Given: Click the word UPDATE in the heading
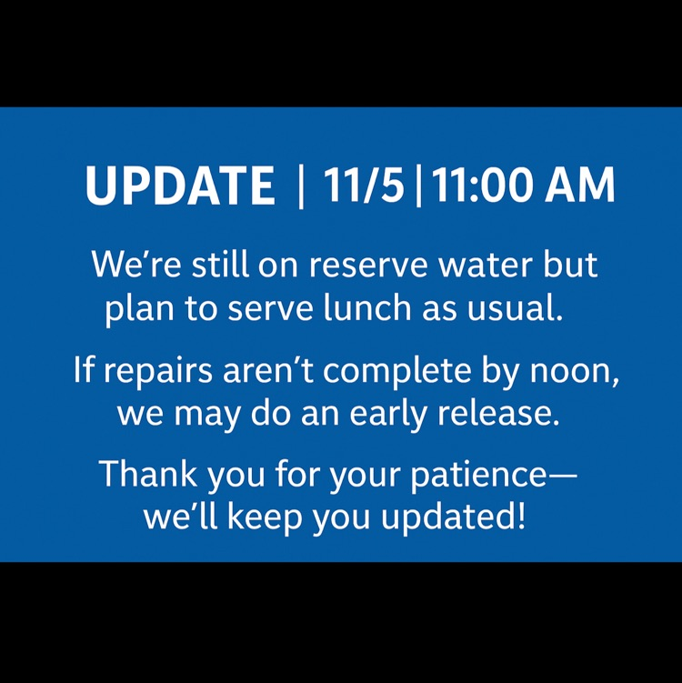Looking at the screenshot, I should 180,186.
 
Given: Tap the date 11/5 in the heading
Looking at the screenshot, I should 364,186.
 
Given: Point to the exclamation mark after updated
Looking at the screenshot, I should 520,517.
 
